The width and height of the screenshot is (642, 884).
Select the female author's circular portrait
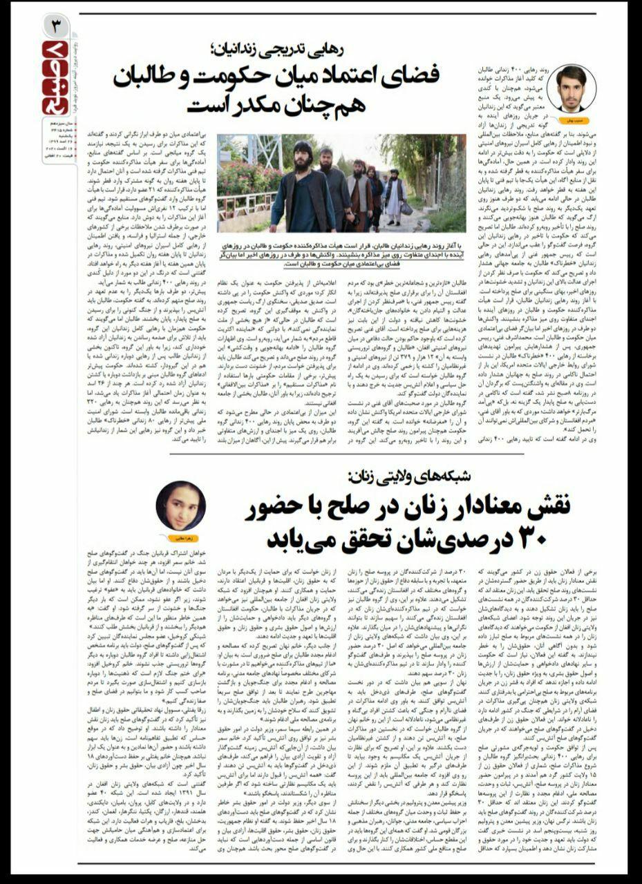180,505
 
